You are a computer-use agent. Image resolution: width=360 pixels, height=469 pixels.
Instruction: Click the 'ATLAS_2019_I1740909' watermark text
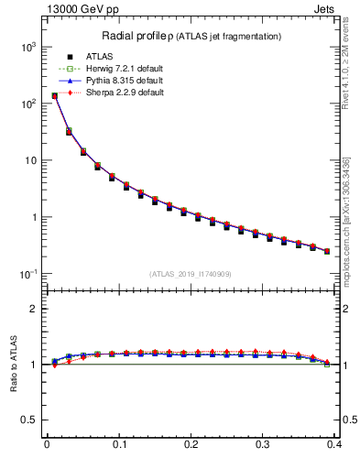pos(191,274)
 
